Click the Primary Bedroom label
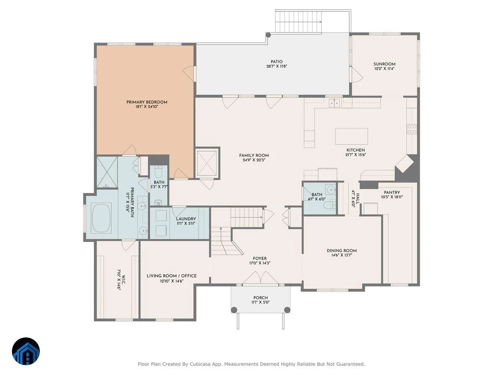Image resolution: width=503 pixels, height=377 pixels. point(147,102)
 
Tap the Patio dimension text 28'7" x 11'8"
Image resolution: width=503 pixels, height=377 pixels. point(277,66)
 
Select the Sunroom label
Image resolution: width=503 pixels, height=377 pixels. point(384,64)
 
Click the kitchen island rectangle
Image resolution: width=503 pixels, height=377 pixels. point(351,136)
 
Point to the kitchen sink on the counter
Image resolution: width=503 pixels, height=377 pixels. point(335,103)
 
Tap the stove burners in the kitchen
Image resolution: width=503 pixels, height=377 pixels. point(412,129)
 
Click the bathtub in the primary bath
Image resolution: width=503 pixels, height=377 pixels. point(101,218)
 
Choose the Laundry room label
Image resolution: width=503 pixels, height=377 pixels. point(186,219)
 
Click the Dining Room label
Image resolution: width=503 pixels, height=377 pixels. point(342,250)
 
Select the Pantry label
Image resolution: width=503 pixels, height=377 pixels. point(392,193)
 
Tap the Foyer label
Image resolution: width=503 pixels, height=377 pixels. point(259,258)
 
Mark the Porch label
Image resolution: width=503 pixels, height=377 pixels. point(260,297)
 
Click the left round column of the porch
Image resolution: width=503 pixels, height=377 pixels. point(234,310)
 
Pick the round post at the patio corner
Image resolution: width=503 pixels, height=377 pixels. point(268,35)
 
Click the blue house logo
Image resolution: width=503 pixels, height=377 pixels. point(26,351)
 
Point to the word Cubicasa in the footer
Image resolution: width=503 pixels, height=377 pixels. point(199,364)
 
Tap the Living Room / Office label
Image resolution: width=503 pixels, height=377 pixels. point(171,276)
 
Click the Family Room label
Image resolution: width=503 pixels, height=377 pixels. point(254,155)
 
